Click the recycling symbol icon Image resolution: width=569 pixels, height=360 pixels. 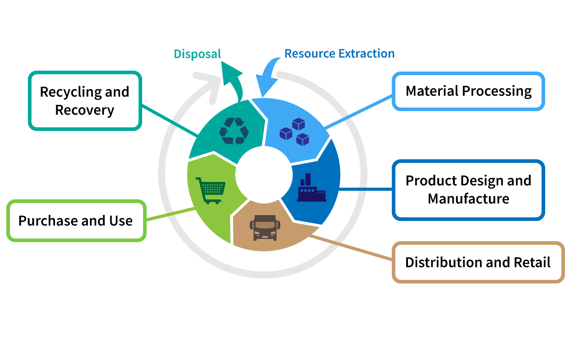point(234,131)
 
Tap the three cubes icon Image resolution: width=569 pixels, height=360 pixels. point(295,132)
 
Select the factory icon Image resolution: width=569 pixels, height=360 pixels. point(312,188)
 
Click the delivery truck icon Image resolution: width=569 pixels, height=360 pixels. point(265,228)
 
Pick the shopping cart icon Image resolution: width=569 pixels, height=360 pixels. point(211,190)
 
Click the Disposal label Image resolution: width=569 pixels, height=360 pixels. point(197,54)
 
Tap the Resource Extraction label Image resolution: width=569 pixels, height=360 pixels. point(339,54)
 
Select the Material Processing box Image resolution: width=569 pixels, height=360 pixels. point(468,91)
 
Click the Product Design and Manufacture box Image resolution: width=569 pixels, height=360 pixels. point(468,190)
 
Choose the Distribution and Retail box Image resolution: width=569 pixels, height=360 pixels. point(478,262)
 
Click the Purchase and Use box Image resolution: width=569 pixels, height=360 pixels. point(76,220)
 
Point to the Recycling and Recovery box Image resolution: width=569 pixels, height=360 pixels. point(85,101)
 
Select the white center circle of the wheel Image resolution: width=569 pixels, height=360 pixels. point(264,175)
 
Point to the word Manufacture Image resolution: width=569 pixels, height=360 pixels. point(468,198)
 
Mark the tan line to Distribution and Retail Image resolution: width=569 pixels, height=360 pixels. point(350,247)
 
